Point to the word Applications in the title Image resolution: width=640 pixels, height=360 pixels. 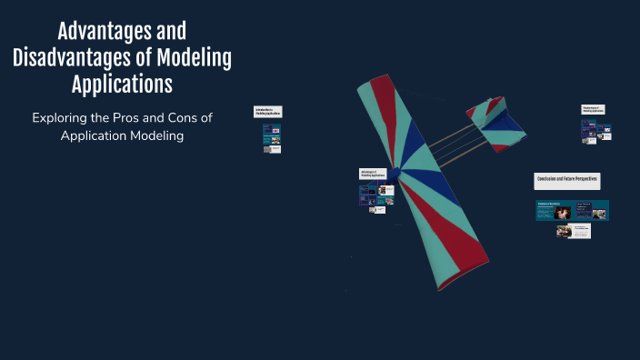(122, 85)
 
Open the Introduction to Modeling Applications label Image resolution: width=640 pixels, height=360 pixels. (268, 112)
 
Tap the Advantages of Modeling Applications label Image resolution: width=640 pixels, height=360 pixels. (373, 174)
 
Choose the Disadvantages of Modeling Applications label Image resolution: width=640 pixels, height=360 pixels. (592, 109)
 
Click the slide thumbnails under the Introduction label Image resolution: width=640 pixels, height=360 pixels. (272, 138)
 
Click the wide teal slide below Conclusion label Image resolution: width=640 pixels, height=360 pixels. (572, 211)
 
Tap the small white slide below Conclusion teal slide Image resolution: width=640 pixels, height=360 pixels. (573, 231)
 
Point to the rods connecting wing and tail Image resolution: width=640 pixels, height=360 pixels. (445, 146)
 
